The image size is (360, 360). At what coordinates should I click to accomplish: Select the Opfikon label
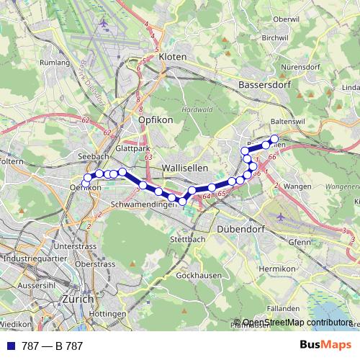156,120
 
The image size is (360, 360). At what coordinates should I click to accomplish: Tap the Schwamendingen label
144,204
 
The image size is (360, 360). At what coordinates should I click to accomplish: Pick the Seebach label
92,156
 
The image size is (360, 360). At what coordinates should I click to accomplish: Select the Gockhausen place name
197,276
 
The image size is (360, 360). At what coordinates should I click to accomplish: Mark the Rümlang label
55,63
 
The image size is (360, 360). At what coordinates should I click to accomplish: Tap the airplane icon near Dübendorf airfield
279,216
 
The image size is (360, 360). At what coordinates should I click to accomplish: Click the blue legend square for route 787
11,346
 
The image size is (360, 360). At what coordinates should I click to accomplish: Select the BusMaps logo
325,346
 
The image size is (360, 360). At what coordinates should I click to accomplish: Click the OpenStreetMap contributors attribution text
297,323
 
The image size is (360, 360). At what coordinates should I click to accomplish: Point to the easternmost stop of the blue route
274,139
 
